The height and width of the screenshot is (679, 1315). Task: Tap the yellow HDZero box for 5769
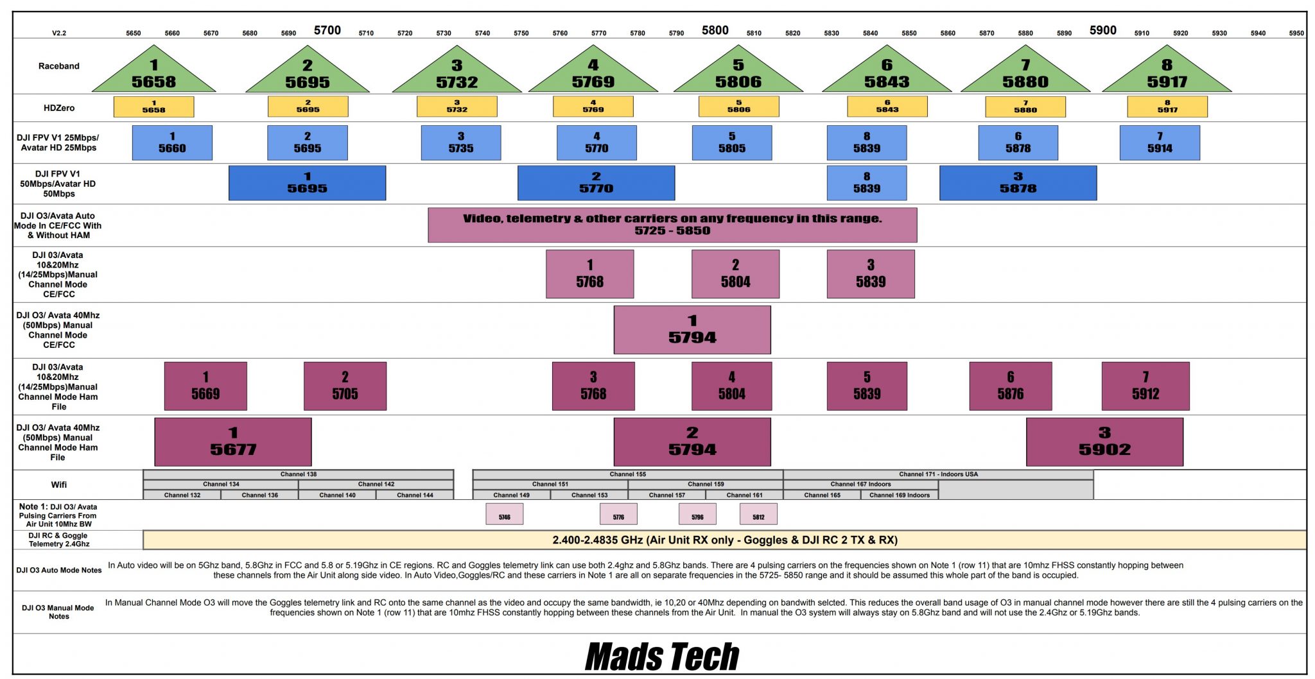(593, 107)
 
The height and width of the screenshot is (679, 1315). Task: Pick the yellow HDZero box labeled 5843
(887, 107)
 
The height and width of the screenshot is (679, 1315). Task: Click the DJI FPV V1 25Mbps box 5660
(172, 142)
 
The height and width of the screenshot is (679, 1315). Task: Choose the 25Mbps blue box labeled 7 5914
(1160, 142)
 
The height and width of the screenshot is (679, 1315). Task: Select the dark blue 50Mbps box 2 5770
(596, 183)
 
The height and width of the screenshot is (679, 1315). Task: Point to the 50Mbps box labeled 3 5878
(1018, 183)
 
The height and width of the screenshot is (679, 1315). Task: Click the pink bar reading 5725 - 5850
(672, 225)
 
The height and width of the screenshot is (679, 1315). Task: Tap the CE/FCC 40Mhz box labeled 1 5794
(692, 330)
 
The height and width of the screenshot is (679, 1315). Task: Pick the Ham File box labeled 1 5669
(205, 386)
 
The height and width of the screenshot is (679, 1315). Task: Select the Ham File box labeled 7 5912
(1145, 386)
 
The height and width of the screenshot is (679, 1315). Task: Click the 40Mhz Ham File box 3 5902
(1104, 442)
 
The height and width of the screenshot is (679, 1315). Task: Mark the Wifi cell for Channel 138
(298, 474)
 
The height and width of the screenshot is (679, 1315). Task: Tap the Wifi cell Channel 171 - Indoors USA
(938, 474)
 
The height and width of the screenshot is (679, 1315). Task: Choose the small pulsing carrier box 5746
(504, 514)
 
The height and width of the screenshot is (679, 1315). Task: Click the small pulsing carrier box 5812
(758, 514)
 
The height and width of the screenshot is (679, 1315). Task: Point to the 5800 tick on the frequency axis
(715, 30)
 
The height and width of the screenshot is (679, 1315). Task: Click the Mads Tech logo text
(662, 657)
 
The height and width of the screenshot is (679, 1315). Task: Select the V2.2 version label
(59, 33)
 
